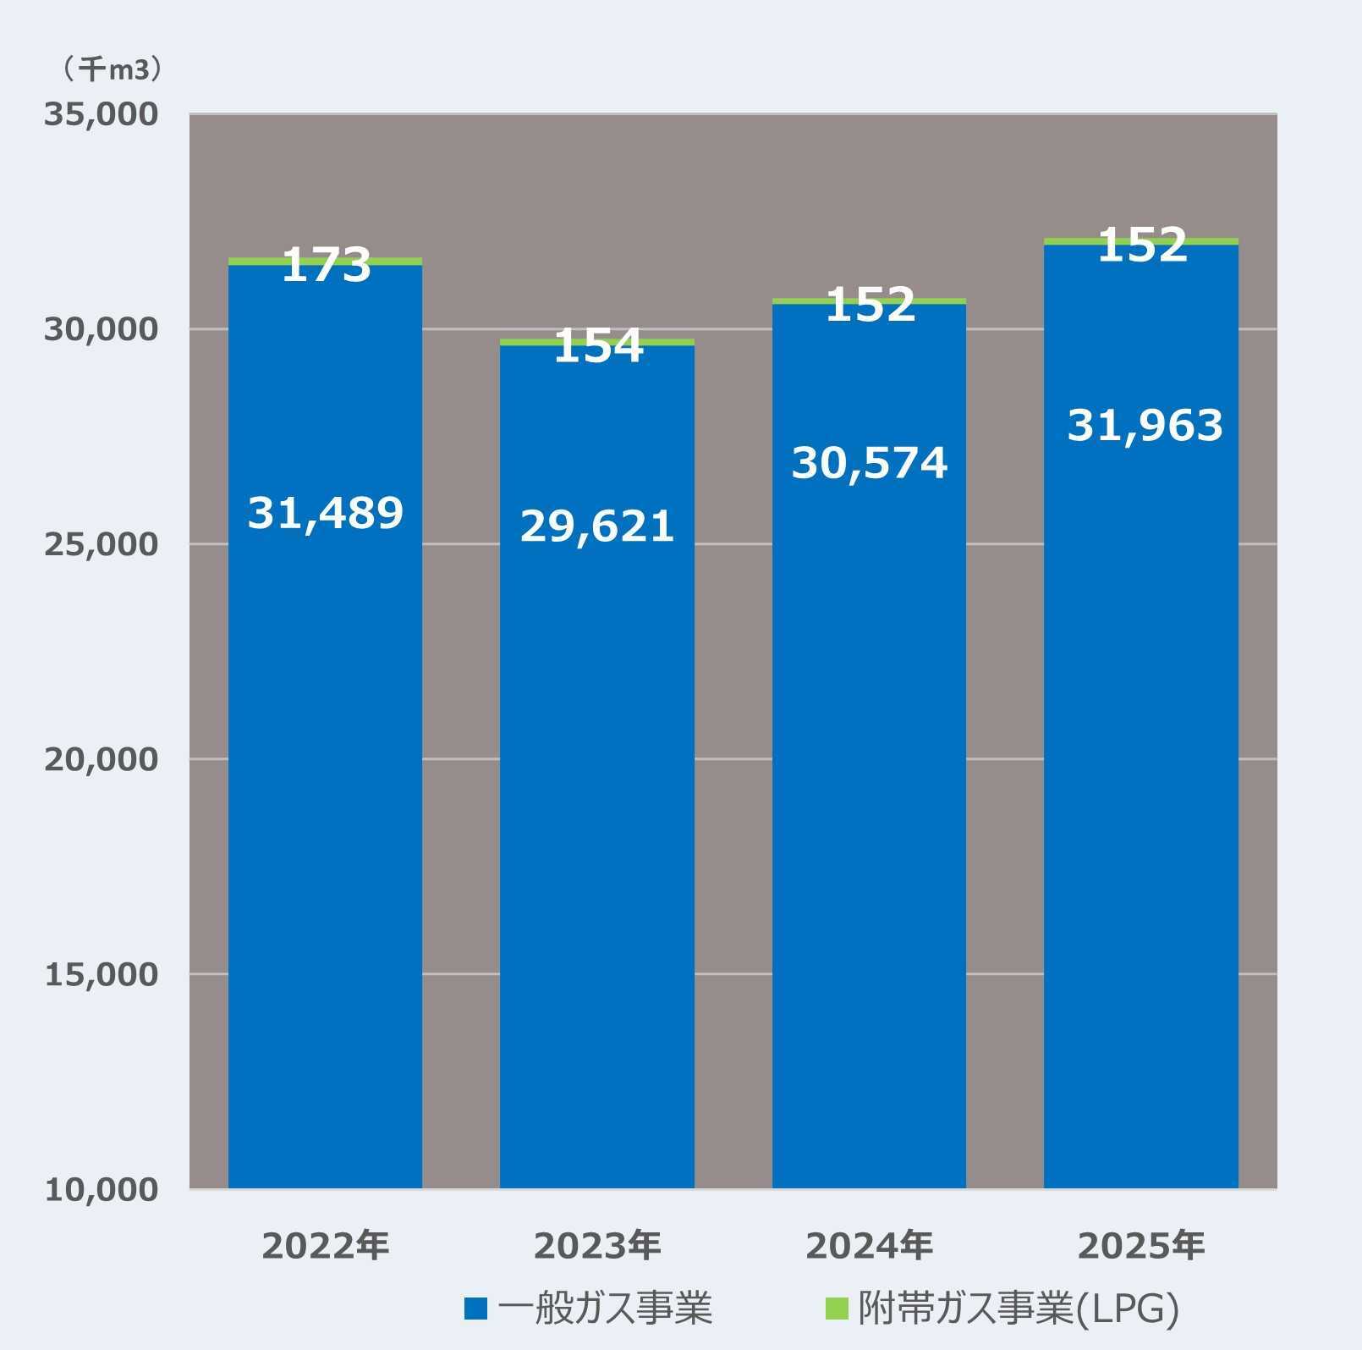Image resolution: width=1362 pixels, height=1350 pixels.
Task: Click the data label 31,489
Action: [x=326, y=513]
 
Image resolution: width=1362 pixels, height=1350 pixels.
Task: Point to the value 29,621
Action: [x=597, y=526]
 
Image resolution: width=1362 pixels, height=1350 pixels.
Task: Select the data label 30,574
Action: [x=870, y=463]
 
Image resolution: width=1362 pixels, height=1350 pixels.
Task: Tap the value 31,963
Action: [x=1145, y=425]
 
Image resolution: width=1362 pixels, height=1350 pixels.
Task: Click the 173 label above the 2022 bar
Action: [x=326, y=266]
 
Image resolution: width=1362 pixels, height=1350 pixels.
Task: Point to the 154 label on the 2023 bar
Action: [x=598, y=347]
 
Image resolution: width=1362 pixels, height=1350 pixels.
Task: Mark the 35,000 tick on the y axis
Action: [x=102, y=114]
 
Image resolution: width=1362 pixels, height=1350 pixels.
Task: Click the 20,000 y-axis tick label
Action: [x=102, y=759]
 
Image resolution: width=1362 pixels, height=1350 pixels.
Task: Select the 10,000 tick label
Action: [x=102, y=1189]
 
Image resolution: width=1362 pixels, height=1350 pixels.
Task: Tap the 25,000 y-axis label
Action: [x=102, y=544]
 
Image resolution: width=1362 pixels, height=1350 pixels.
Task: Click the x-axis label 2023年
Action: [x=597, y=1245]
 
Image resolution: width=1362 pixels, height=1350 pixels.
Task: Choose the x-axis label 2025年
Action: [x=1140, y=1245]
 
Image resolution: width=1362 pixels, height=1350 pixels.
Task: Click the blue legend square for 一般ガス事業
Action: [x=475, y=1309]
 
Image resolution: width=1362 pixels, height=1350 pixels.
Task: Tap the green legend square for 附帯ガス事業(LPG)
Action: [x=836, y=1309]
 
